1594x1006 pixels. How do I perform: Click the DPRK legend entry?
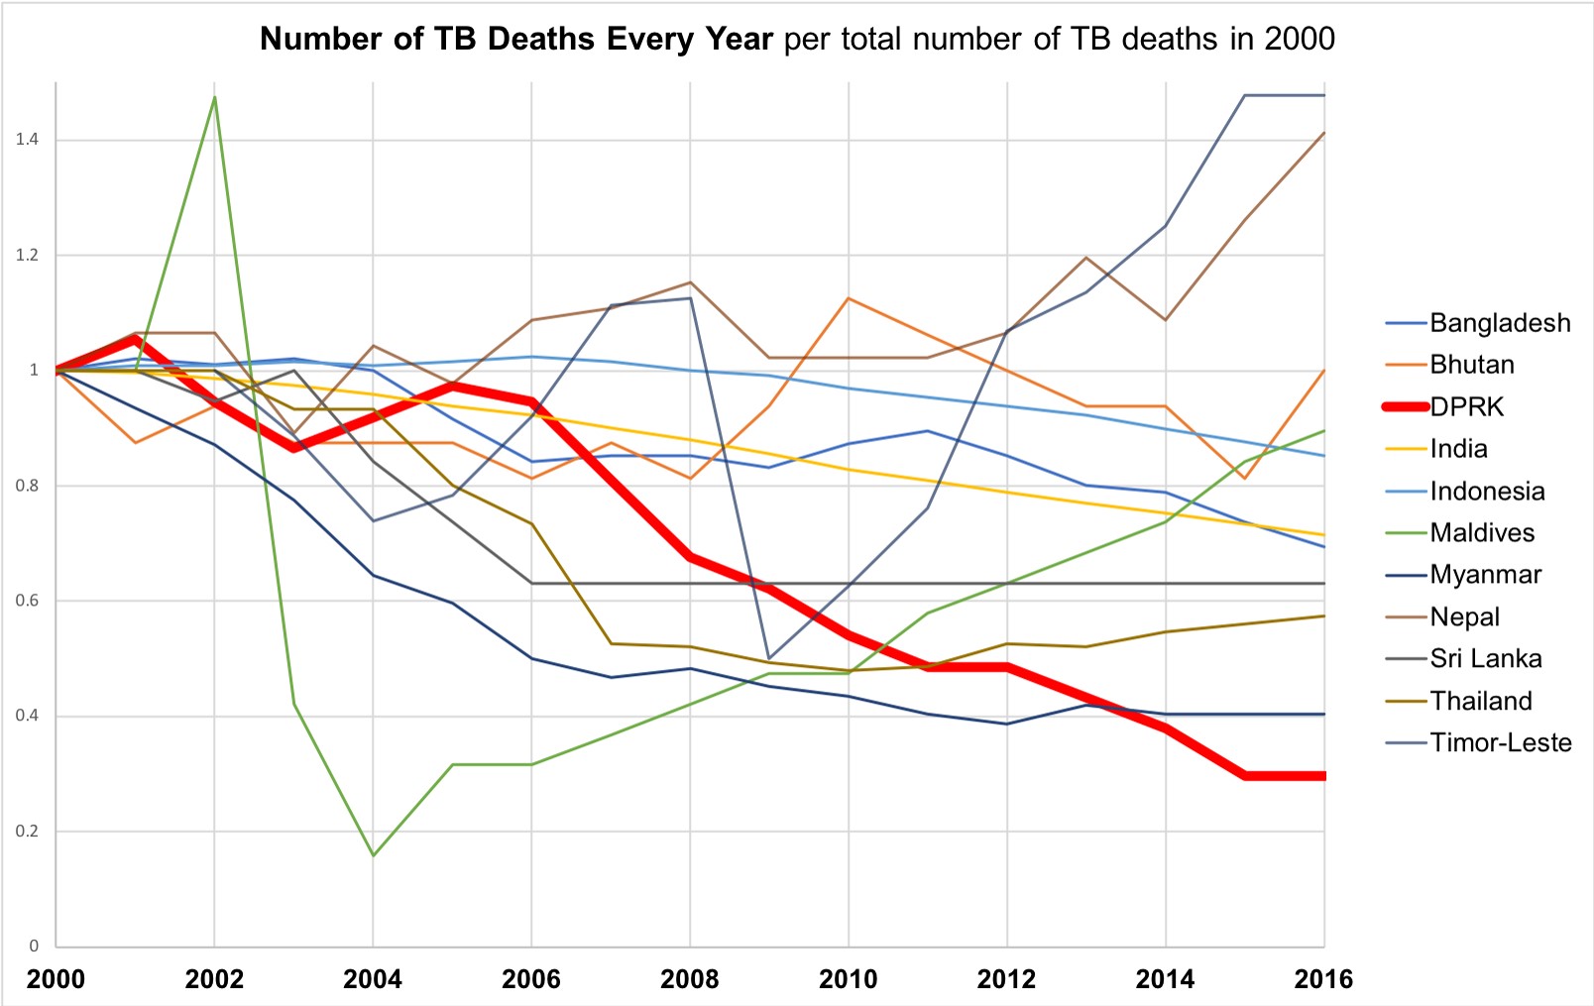coord(1466,407)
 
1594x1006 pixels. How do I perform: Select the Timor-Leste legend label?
coord(1500,743)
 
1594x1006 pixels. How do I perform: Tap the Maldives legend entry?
coord(1481,533)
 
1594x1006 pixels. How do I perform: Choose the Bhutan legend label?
coord(1471,365)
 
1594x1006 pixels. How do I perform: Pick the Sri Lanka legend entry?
coord(1485,659)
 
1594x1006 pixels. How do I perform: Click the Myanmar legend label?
coord(1485,575)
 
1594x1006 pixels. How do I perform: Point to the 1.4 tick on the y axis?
coord(27,140)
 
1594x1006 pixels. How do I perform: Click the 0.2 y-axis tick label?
coord(27,832)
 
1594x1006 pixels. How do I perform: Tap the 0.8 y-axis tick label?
coord(27,486)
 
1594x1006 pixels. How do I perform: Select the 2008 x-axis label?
coord(689,979)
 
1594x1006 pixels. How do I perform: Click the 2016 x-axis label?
coord(1322,979)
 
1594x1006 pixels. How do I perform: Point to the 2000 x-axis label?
coord(56,979)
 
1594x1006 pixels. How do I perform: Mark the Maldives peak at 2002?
coord(214,97)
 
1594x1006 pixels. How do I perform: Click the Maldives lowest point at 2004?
coord(373,854)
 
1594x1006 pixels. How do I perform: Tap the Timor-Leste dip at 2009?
coord(769,658)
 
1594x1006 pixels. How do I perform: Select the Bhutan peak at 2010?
coord(849,298)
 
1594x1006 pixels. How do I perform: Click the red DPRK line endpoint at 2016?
coord(1322,776)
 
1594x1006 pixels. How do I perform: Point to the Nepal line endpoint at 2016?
coord(1323,133)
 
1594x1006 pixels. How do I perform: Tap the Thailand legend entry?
coord(1480,702)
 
